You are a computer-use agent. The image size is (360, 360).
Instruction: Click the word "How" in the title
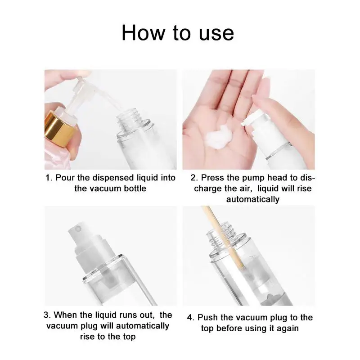pos(143,33)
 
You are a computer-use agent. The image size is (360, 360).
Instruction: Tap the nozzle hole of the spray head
pos(78,229)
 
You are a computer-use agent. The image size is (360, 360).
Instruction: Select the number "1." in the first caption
pos(49,178)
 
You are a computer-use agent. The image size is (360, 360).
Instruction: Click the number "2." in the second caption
pos(194,178)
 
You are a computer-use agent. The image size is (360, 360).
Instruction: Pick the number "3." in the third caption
pos(47,315)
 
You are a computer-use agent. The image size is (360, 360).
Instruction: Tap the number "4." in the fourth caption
pos(191,318)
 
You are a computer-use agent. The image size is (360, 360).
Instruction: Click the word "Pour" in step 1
pos(65,178)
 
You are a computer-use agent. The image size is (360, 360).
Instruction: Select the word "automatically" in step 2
pos(253,199)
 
